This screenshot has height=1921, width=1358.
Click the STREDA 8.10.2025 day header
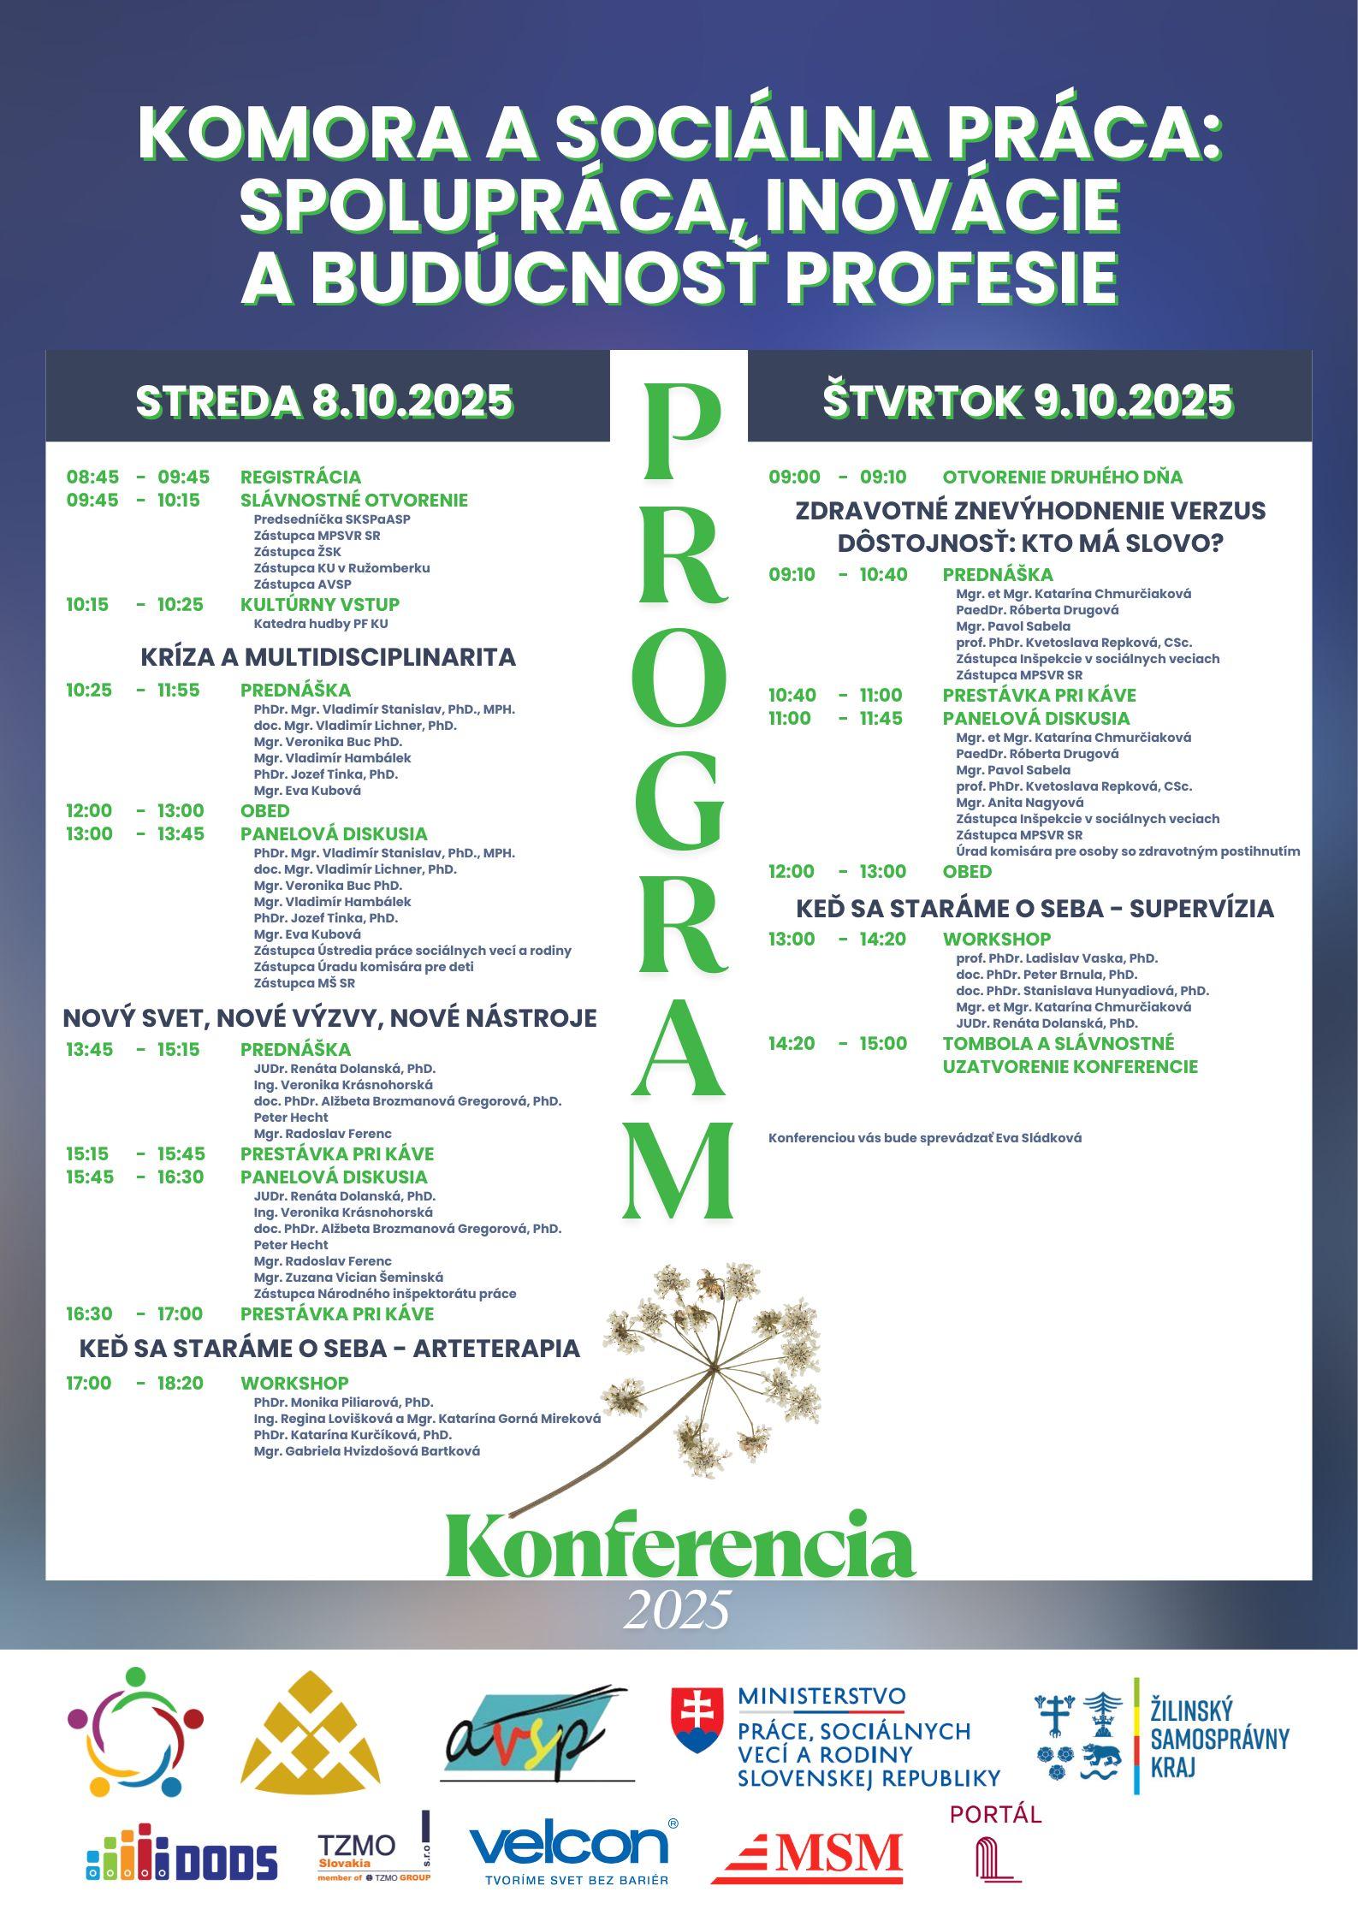pyautogui.click(x=324, y=400)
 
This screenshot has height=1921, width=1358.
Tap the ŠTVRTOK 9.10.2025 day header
pyautogui.click(x=1028, y=400)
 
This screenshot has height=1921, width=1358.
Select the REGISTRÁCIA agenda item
pyautogui.click(x=300, y=477)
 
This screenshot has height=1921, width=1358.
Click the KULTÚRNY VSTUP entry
pyautogui.click(x=320, y=604)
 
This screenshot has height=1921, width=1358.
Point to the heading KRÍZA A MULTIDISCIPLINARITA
pyautogui.click(x=329, y=657)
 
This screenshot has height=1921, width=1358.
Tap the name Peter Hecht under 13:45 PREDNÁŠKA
pyautogui.click(x=291, y=1118)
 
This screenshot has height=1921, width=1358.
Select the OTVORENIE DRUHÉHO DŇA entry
pyautogui.click(x=1062, y=477)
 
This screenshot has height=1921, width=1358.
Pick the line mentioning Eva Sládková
pyautogui.click(x=924, y=1138)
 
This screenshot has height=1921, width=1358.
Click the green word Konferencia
pyautogui.click(x=679, y=1542)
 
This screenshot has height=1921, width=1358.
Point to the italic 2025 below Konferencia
pyautogui.click(x=677, y=1610)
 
